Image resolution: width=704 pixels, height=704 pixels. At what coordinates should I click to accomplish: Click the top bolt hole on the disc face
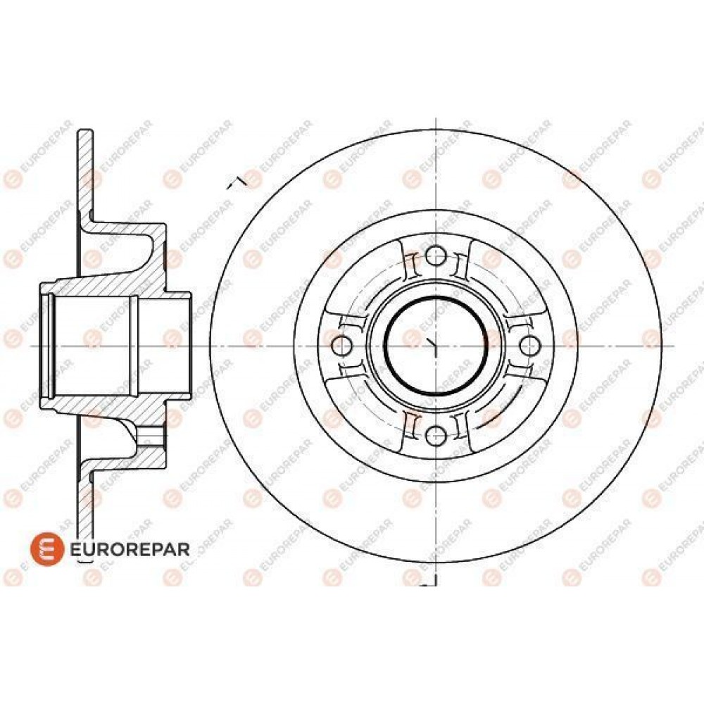435,256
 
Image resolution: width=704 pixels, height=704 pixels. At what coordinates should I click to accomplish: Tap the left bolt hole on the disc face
342,345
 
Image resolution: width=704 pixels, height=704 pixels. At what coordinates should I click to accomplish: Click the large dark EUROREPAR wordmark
130,549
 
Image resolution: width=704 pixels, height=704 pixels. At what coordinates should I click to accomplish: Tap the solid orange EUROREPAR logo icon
47,549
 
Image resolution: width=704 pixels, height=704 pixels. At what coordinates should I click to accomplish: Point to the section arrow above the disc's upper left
237,182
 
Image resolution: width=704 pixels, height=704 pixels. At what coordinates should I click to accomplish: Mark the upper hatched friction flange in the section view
85,175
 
